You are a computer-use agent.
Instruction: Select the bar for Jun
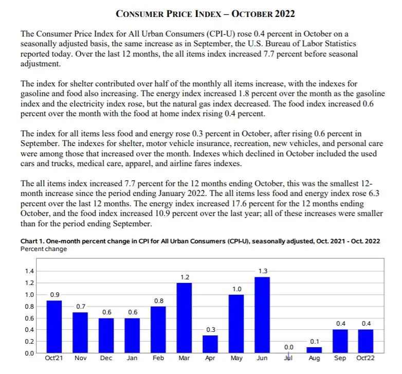[x=262, y=315]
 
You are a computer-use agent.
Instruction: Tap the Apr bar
[x=210, y=344]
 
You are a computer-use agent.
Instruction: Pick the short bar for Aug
[x=314, y=350]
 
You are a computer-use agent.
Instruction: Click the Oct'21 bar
[x=54, y=327]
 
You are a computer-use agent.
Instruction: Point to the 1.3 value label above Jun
[x=263, y=271]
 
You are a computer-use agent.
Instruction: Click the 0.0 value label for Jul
[x=288, y=347]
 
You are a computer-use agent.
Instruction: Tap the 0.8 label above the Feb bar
[x=159, y=300]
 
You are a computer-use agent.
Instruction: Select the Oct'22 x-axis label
[x=366, y=358]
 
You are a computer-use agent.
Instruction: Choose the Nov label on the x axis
[x=81, y=358]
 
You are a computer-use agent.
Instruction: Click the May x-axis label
[x=236, y=358]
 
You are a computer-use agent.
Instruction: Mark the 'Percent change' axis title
[x=44, y=249]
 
